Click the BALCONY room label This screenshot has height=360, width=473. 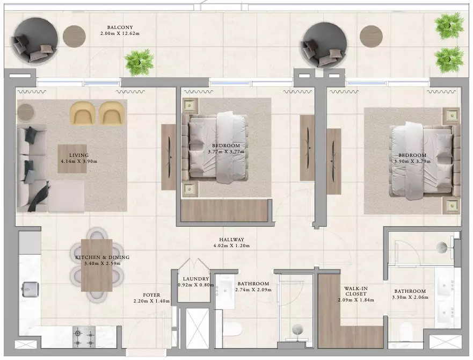(x=120, y=27)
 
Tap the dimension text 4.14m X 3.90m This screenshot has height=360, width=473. (x=79, y=161)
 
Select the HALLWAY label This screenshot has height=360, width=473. (x=232, y=240)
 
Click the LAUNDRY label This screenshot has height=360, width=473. (x=196, y=279)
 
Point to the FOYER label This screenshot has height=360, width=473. (x=151, y=295)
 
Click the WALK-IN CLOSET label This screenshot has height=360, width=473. (x=356, y=291)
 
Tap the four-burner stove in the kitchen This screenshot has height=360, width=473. (x=84, y=337)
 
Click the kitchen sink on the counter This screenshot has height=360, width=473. (x=31, y=289)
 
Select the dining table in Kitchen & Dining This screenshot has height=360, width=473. (x=97, y=265)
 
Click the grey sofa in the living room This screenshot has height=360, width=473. (x=32, y=168)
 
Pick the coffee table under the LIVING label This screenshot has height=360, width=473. (x=72, y=159)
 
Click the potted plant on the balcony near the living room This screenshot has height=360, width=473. (x=139, y=62)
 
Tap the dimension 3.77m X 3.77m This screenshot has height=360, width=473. (x=226, y=152)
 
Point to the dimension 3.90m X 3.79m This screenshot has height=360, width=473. (x=412, y=161)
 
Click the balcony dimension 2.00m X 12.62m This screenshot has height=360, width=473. (x=120, y=33)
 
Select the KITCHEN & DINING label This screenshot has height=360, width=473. (x=102, y=257)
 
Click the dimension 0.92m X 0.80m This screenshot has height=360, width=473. (x=196, y=285)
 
